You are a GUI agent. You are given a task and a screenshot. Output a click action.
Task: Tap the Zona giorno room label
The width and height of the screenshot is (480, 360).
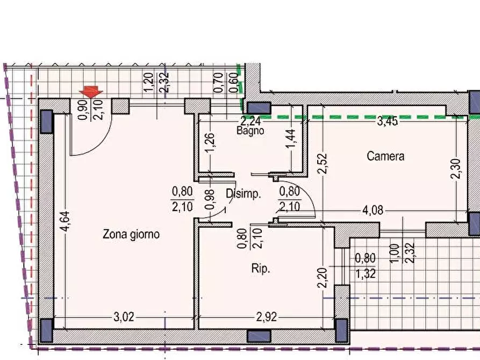131,235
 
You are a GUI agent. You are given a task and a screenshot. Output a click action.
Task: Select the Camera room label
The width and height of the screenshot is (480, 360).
385,157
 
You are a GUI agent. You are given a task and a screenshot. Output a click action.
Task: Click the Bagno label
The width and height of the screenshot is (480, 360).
250,131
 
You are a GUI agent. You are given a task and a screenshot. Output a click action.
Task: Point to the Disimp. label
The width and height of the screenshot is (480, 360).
243,195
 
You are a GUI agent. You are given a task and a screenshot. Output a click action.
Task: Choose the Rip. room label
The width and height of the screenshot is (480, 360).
260,269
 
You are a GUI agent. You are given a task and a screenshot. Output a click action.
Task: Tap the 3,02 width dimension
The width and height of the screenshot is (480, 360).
124,317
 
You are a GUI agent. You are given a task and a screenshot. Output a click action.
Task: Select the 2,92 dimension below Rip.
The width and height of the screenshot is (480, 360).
267,317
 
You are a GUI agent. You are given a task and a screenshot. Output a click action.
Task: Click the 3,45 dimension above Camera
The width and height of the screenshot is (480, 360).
387,121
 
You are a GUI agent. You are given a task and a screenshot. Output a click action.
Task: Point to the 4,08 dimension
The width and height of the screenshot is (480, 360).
372,211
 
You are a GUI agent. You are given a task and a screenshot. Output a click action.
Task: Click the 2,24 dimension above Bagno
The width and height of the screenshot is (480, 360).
250,121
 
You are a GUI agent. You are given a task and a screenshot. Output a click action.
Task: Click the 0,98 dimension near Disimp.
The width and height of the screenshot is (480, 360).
210,199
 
